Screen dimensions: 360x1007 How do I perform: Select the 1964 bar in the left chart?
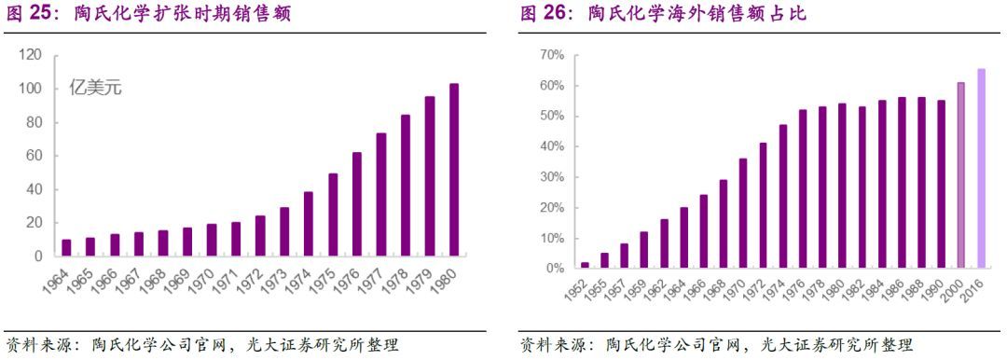click(66, 247)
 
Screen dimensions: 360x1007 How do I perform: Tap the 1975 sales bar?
click(333, 215)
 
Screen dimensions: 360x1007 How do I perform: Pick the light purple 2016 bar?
click(981, 169)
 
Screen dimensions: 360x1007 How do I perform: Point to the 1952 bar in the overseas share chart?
click(585, 265)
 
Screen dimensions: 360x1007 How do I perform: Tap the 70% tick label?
click(551, 56)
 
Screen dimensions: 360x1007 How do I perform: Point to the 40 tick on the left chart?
click(34, 189)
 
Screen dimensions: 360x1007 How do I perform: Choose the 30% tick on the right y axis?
click(551, 177)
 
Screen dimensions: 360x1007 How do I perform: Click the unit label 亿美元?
click(96, 89)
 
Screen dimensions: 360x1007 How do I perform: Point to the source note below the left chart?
click(202, 345)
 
